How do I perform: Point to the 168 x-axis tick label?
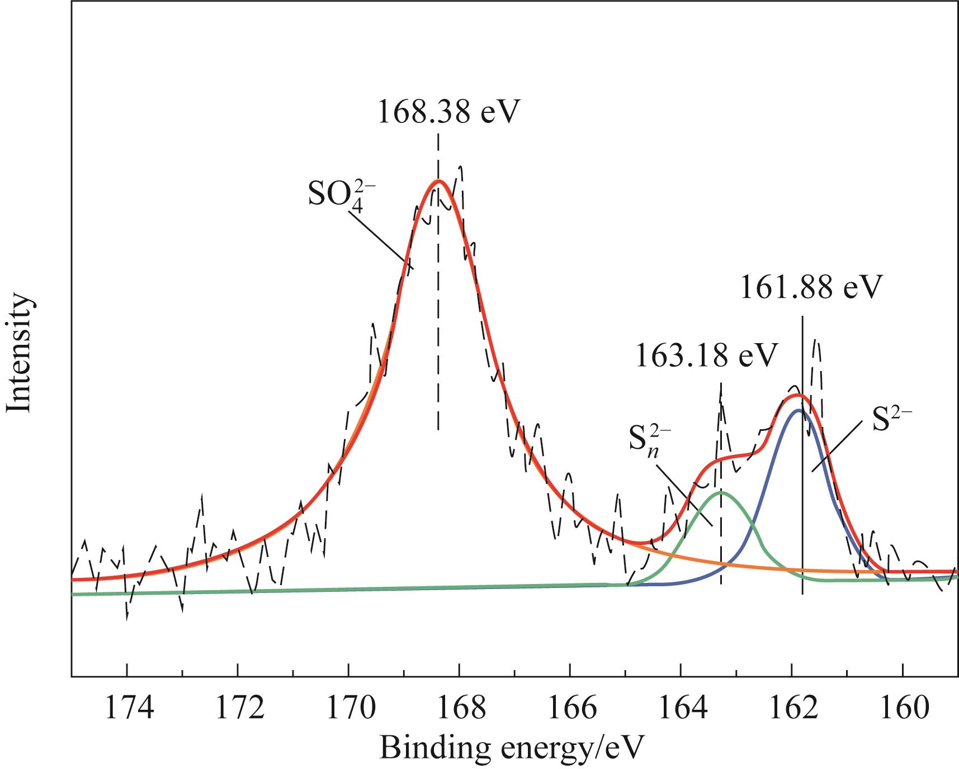[x=459, y=708]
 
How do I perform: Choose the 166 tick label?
[x=570, y=708]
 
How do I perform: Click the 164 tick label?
[x=681, y=708]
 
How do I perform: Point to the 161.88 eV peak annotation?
[x=811, y=287]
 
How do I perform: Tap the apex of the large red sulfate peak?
[x=438, y=181]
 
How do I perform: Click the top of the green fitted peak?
[x=721, y=492]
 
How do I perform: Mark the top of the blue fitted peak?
[x=798, y=410]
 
